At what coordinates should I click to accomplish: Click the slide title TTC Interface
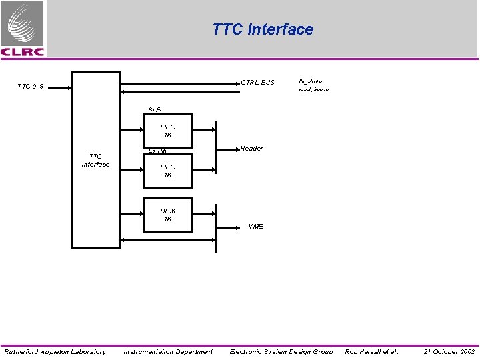(263, 29)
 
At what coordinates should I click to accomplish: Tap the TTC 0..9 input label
(30, 87)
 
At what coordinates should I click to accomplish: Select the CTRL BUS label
(257, 83)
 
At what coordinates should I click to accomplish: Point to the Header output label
(251, 149)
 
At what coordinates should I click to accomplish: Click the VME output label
(255, 227)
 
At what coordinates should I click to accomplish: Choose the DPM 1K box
(167, 215)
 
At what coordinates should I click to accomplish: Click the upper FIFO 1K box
(167, 131)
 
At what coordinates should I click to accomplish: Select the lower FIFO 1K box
(167, 171)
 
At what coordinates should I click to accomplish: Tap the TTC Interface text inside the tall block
(95, 161)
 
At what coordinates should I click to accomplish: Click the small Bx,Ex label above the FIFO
(155, 109)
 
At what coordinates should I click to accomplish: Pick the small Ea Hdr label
(157, 151)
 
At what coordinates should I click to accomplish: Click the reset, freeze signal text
(313, 89)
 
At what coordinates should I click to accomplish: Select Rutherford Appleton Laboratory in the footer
(55, 351)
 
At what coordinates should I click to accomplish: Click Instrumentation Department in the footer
(168, 351)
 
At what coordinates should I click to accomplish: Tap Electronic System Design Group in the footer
(281, 351)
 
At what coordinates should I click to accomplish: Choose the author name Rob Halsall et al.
(371, 351)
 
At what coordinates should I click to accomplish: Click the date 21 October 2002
(449, 351)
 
